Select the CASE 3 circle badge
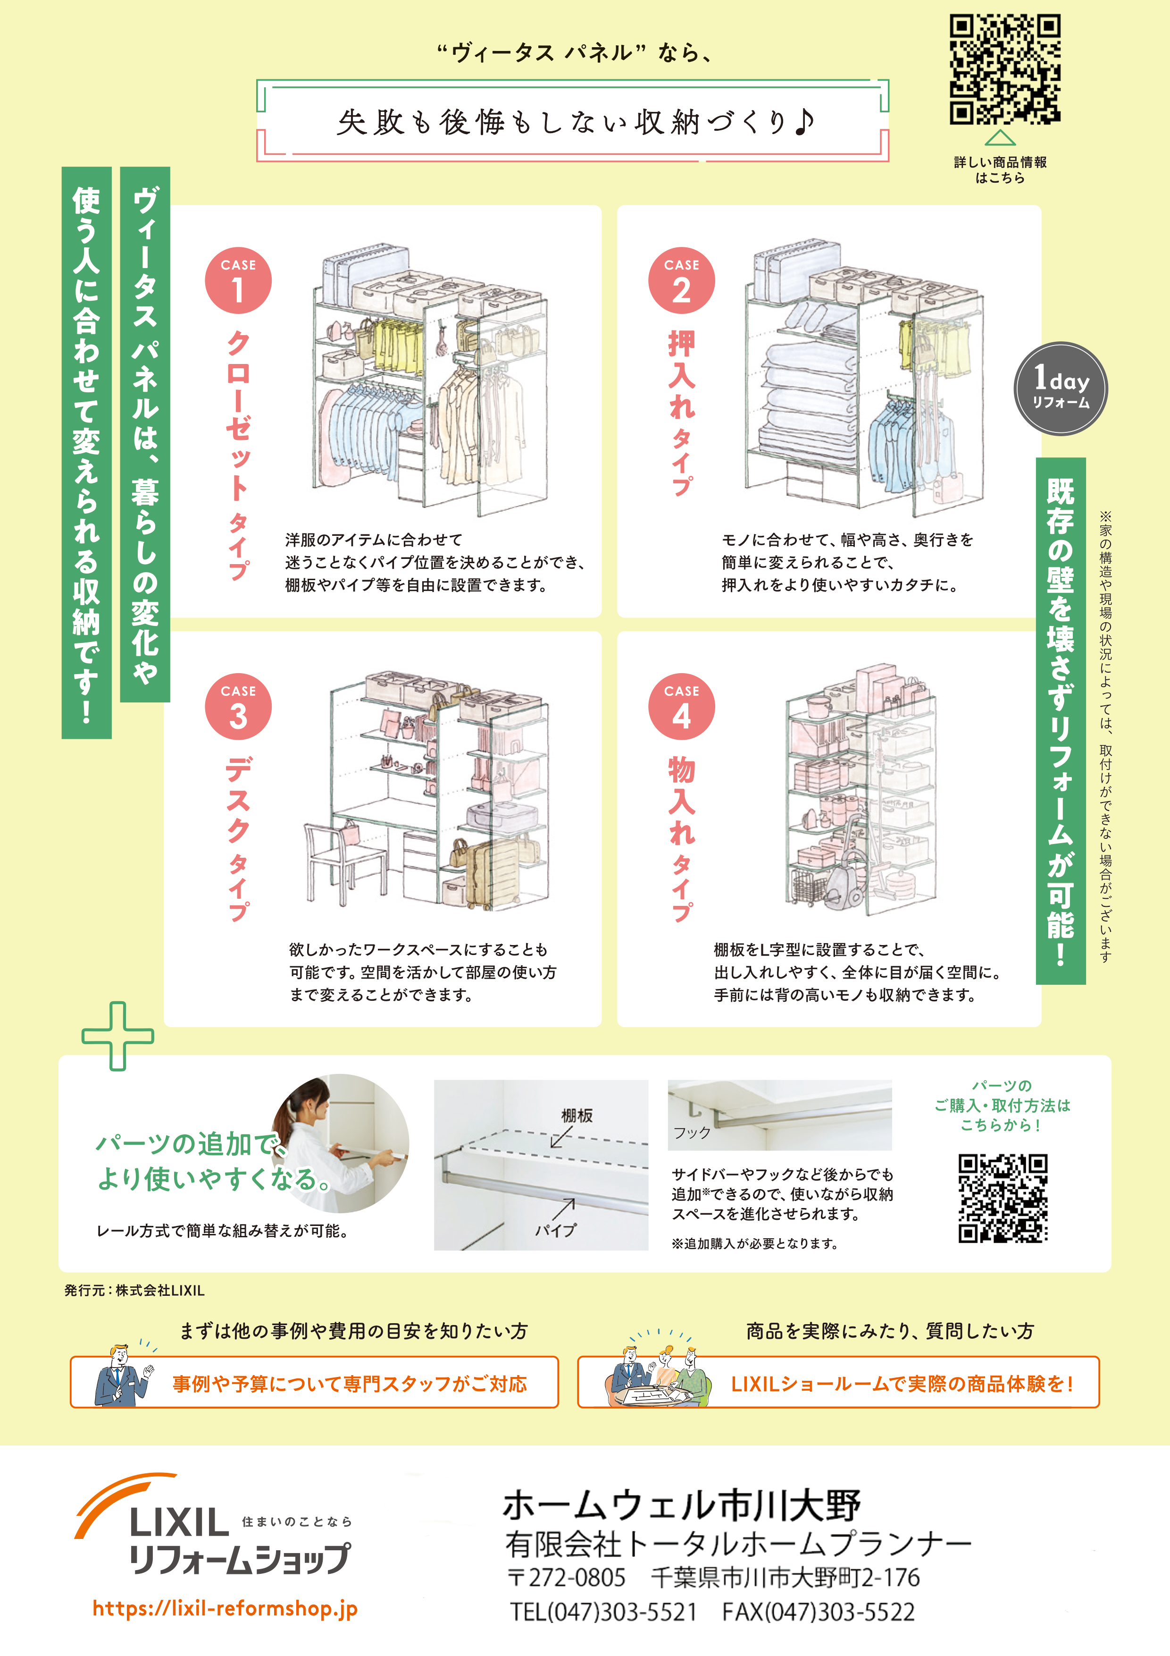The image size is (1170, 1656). (x=238, y=707)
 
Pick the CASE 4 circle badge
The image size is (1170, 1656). (x=681, y=707)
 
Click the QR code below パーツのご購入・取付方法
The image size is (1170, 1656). (x=1002, y=1198)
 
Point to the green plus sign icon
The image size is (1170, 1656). (x=117, y=1036)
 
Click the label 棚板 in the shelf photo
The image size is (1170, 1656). (x=577, y=1115)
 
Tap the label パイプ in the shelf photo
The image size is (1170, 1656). (x=555, y=1230)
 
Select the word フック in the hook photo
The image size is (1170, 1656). (x=692, y=1132)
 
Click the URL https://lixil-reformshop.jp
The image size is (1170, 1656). (x=225, y=1608)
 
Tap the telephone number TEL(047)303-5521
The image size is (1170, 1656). (x=603, y=1611)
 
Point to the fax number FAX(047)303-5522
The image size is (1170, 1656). (x=818, y=1611)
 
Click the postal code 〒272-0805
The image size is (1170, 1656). (x=566, y=1577)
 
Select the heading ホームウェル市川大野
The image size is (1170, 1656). (x=681, y=1505)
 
